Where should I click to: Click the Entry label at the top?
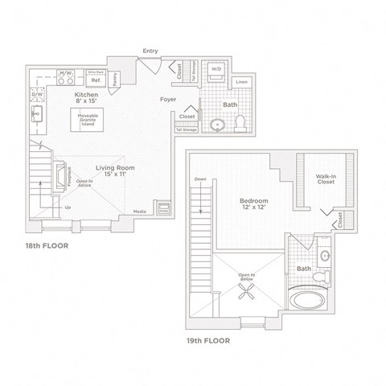point(150,51)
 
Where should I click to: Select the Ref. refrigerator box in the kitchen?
point(95,80)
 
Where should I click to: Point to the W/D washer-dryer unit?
point(217,70)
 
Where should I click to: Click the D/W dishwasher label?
point(36,95)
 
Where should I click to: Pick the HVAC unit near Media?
point(163,207)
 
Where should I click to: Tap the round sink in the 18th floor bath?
point(216,125)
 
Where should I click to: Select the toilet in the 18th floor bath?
point(241,122)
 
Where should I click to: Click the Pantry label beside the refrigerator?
point(116,79)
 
